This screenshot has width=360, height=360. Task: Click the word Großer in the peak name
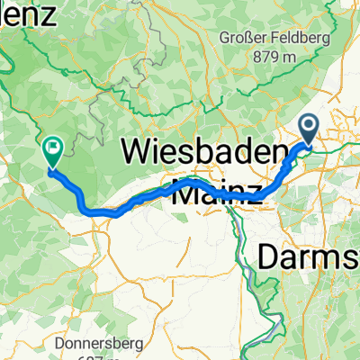pos(242,37)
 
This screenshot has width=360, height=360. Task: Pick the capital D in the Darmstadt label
pos(269,256)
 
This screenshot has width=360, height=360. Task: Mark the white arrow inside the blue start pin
pos(310,126)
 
